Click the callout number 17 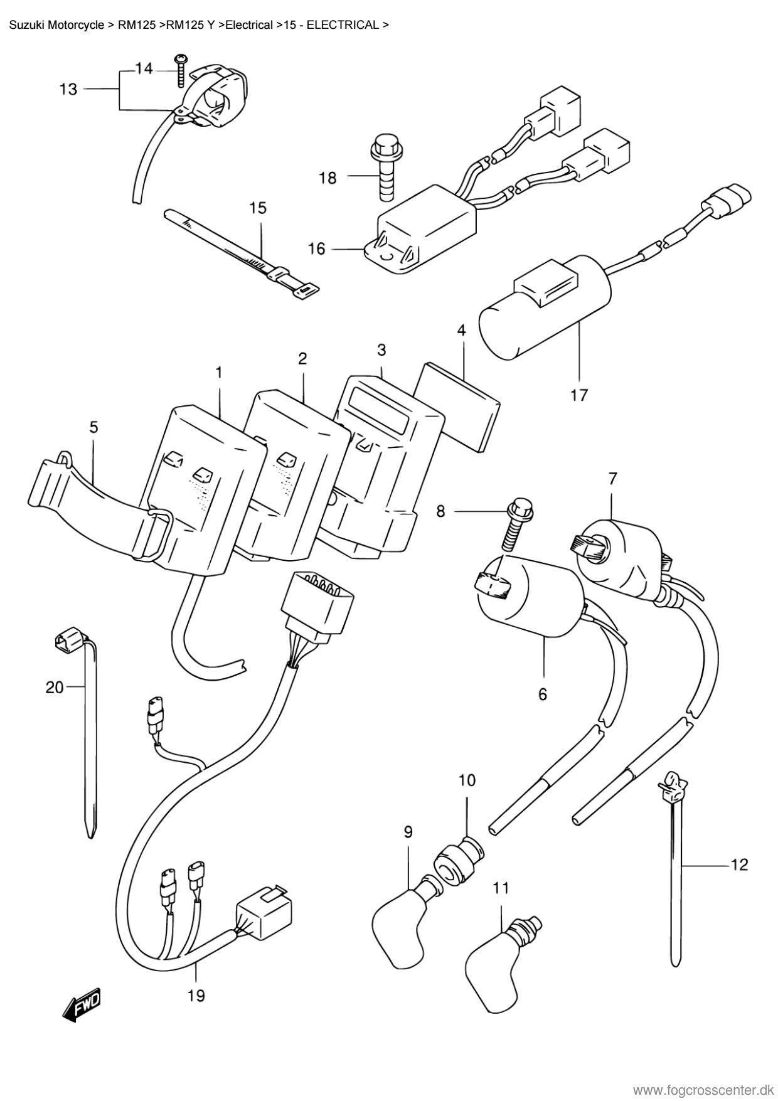[x=579, y=395]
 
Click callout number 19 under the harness [x=196, y=995]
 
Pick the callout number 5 [x=93, y=428]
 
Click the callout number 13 [x=68, y=89]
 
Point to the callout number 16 [x=317, y=249]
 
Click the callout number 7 [x=612, y=479]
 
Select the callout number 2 [x=302, y=358]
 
